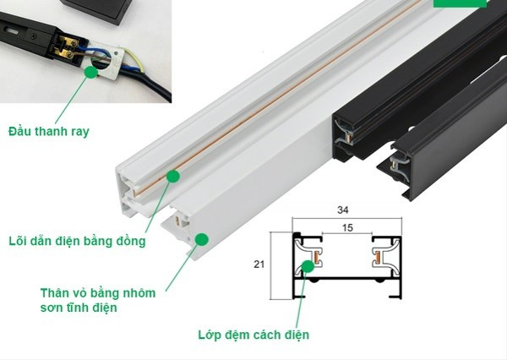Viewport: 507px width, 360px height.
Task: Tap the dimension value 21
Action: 259,265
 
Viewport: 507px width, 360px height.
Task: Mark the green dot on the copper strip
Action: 173,176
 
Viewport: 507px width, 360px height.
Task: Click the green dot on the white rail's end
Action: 202,239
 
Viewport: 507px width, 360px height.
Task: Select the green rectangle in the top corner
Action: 460,3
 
